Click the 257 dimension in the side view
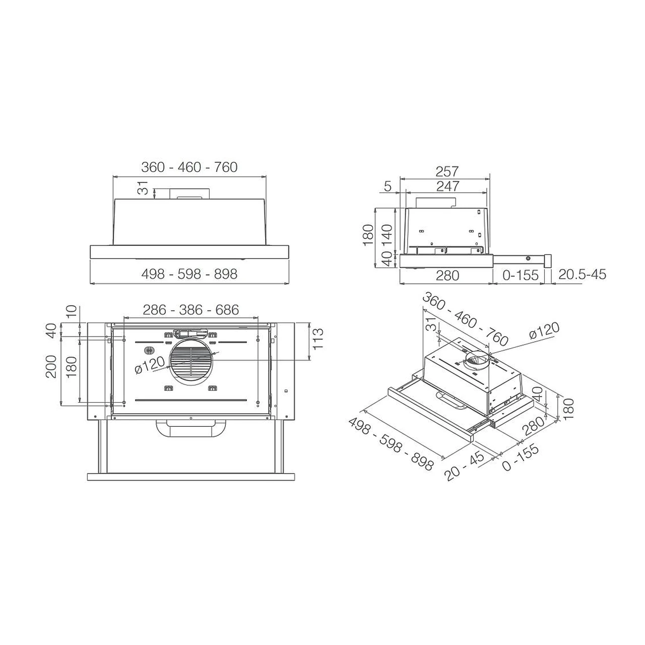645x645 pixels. tap(447, 172)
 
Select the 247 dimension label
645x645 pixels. tap(448, 186)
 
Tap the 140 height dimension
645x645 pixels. tap(387, 235)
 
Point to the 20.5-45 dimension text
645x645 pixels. tap(582, 275)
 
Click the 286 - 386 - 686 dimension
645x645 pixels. tap(191, 310)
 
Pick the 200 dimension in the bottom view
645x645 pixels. tap(51, 366)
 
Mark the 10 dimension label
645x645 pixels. tap(72, 311)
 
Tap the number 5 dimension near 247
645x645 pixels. tap(388, 186)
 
